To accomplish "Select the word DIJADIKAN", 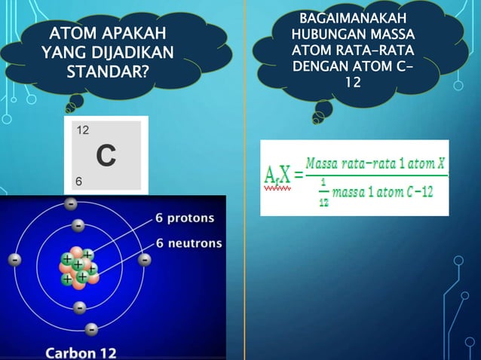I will [x=133, y=53].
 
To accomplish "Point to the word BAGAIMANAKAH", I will [x=352, y=18].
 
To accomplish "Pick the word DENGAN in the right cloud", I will [x=318, y=66].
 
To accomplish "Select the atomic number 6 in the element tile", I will [x=79, y=182].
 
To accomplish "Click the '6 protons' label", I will [x=185, y=218].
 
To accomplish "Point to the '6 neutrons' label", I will [x=188, y=243].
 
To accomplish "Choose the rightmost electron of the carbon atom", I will [x=145, y=259].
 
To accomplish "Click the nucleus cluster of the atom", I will [x=79, y=266].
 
